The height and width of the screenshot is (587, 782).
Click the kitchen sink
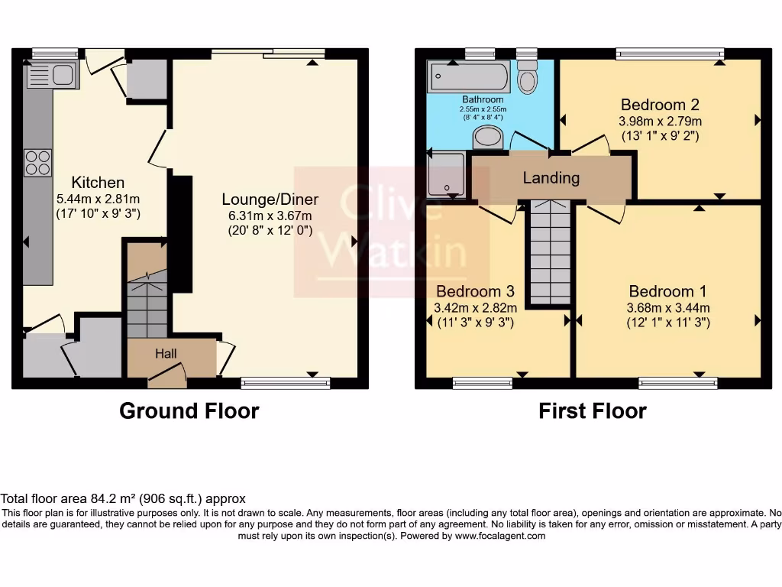(x=52, y=76)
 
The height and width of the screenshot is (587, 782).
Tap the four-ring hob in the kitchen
(x=38, y=163)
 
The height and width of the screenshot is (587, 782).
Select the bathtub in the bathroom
(x=469, y=76)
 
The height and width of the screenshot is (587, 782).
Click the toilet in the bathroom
(x=527, y=76)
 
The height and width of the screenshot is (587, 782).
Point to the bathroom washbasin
(x=487, y=137)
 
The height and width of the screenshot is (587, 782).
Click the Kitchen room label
(x=98, y=182)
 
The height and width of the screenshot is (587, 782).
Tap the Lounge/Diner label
(x=270, y=199)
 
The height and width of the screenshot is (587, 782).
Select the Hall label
(x=166, y=353)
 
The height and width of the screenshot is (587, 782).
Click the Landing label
(x=551, y=177)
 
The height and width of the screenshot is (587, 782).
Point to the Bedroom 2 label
(x=660, y=104)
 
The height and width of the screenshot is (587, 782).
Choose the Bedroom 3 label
(x=475, y=291)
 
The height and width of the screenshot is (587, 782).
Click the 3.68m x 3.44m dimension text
(x=668, y=308)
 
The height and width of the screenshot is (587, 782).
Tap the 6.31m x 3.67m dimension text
(x=270, y=216)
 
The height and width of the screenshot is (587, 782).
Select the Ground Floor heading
(x=189, y=410)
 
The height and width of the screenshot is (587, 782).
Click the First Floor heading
(x=593, y=410)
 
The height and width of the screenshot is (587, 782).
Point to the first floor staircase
(x=550, y=252)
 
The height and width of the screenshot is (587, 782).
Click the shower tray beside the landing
(x=446, y=174)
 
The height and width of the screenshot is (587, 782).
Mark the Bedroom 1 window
(x=678, y=383)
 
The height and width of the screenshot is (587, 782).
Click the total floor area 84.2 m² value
(x=114, y=498)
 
